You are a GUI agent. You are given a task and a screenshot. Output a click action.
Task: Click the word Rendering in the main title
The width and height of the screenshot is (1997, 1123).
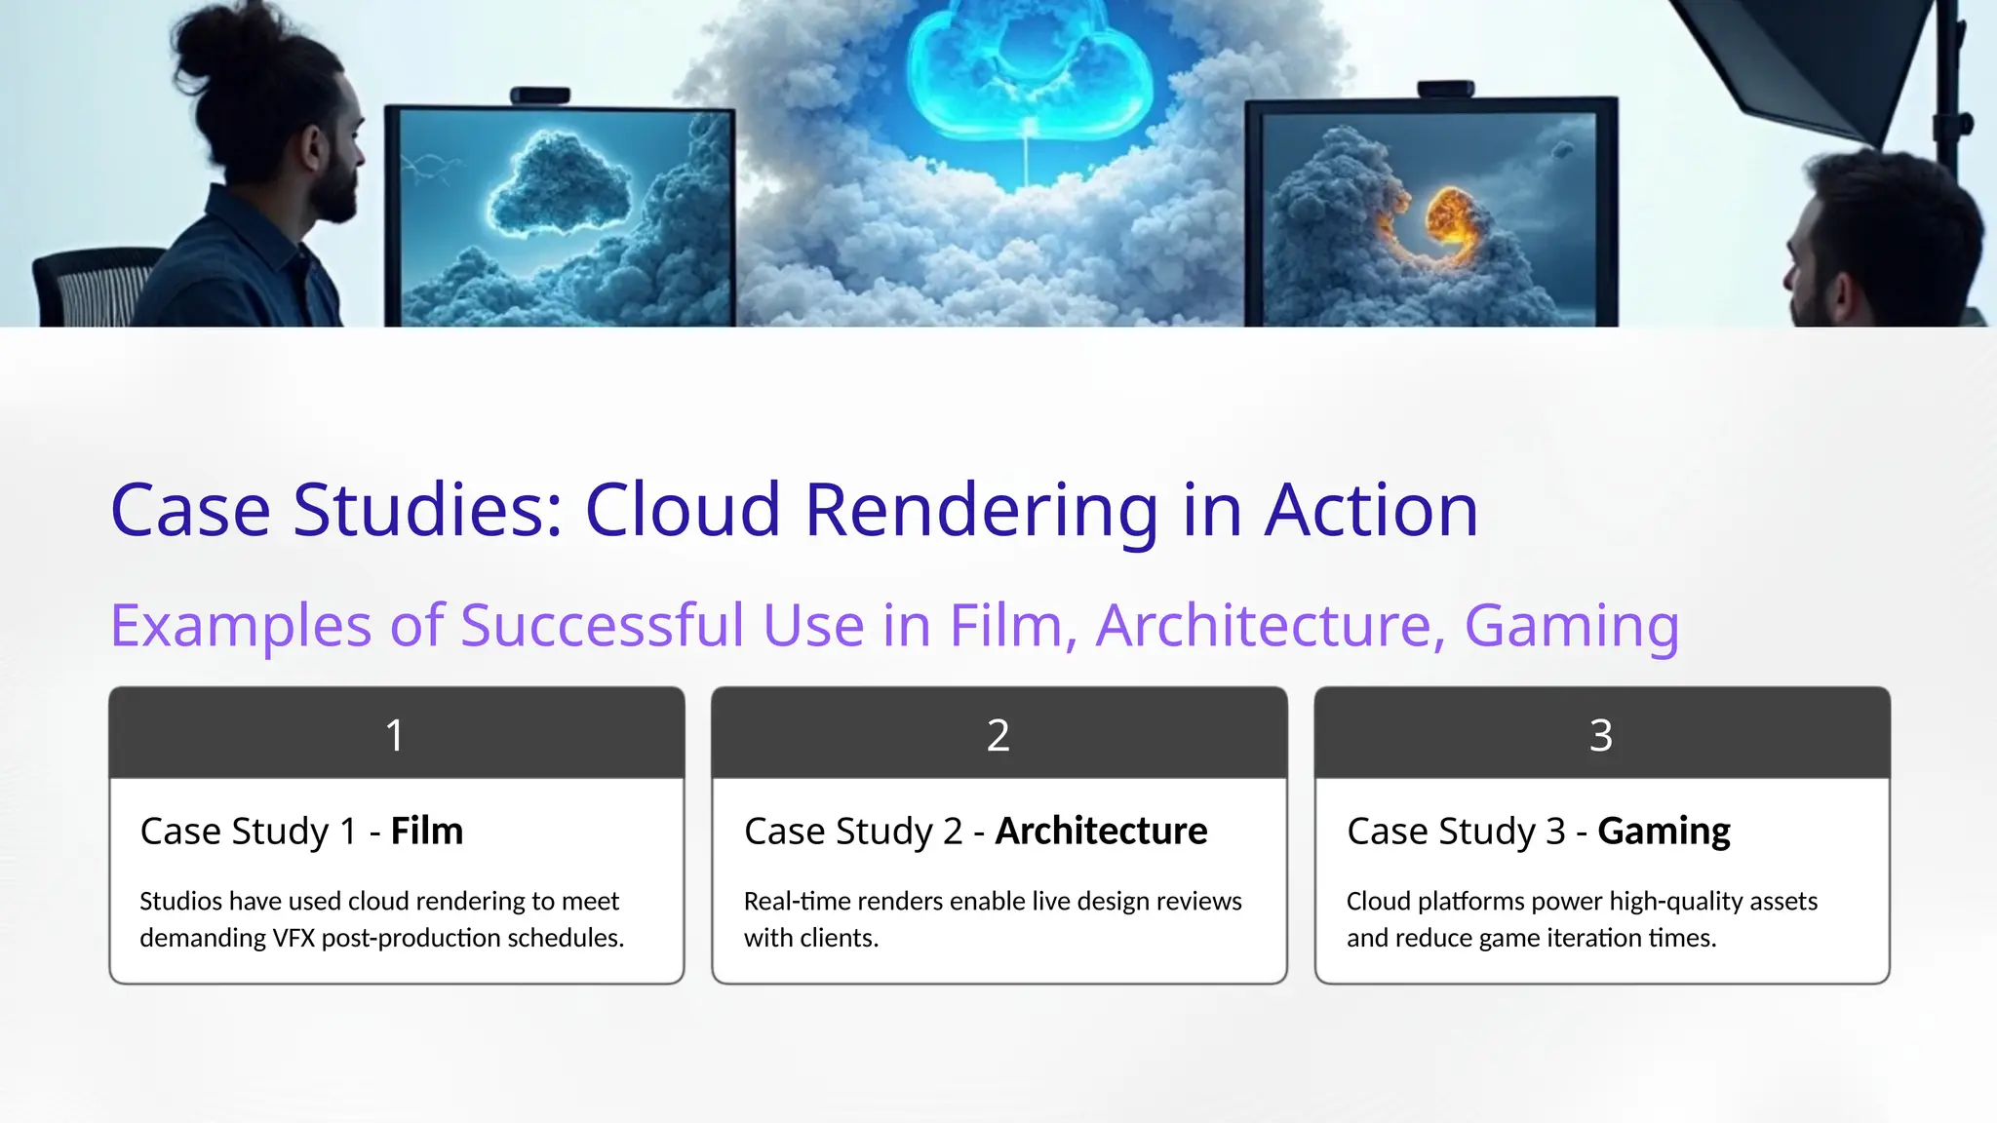pyautogui.click(x=981, y=511)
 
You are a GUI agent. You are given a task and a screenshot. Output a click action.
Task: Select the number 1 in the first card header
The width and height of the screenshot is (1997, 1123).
pyautogui.click(x=395, y=735)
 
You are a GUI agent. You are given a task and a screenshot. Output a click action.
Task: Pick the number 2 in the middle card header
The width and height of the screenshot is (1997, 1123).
pyautogui.click(x=998, y=735)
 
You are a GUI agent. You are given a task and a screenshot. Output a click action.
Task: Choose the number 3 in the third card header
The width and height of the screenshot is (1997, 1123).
pyautogui.click(x=1600, y=735)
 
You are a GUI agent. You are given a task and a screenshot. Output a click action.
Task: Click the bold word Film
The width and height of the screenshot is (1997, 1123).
pyautogui.click(x=427, y=832)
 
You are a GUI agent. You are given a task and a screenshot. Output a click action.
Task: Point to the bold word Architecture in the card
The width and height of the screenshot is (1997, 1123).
pyautogui.click(x=1101, y=832)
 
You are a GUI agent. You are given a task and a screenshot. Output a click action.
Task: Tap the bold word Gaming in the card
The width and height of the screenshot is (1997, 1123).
pyautogui.click(x=1664, y=832)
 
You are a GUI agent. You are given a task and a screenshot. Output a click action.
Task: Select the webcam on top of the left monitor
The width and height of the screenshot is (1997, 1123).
pyautogui.click(x=540, y=96)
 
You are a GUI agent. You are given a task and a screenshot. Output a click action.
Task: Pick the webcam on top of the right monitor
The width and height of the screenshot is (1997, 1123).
pyautogui.click(x=1445, y=90)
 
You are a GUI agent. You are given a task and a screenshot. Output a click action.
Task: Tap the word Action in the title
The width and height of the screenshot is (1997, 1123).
pyautogui.click(x=1371, y=511)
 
